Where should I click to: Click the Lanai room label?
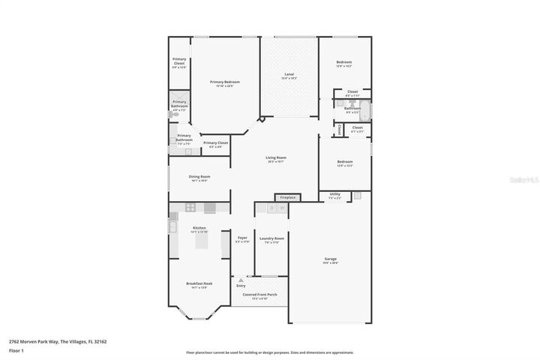click(289, 75)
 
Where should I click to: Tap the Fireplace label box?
click(288, 198)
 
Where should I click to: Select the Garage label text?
click(330, 259)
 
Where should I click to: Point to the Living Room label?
click(276, 158)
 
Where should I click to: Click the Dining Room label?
click(199, 177)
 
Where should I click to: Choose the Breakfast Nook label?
click(199, 283)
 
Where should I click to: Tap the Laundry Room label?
click(271, 238)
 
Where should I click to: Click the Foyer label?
click(242, 238)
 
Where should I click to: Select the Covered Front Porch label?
click(259, 295)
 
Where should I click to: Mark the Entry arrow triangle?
click(241, 280)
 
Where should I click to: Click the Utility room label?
click(334, 194)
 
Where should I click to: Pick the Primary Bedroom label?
click(225, 82)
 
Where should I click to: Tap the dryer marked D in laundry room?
click(261, 208)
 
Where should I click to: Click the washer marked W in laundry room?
click(271, 208)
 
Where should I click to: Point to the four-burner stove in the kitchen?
click(190, 208)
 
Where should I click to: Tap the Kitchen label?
click(199, 228)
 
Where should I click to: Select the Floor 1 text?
click(16, 350)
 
